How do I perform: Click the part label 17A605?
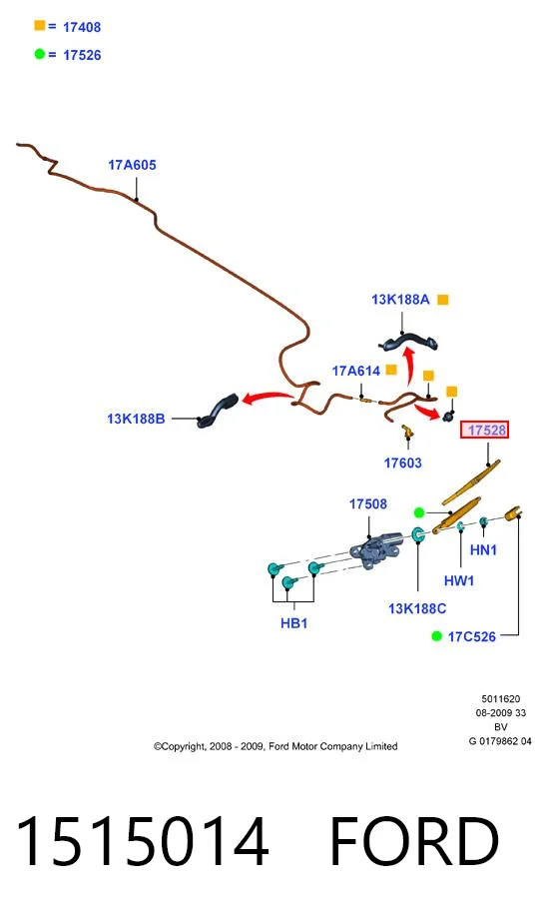coord(132,165)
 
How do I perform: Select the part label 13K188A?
coord(400,300)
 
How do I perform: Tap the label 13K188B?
coord(136,419)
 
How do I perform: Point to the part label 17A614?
coord(355,371)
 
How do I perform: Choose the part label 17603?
coord(402,463)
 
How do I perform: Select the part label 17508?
coord(368,504)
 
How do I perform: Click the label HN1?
coord(483,549)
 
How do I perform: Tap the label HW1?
coord(459,580)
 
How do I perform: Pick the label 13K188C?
coord(417,609)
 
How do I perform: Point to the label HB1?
coord(294,623)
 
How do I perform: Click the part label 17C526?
coord(471,636)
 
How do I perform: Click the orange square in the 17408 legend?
coord(40,26)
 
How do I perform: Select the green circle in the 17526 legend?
coord(40,54)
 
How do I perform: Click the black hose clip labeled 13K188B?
coord(218,411)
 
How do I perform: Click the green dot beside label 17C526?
coord(436,636)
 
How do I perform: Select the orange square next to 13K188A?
coord(443,300)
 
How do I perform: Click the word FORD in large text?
coord(414,841)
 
